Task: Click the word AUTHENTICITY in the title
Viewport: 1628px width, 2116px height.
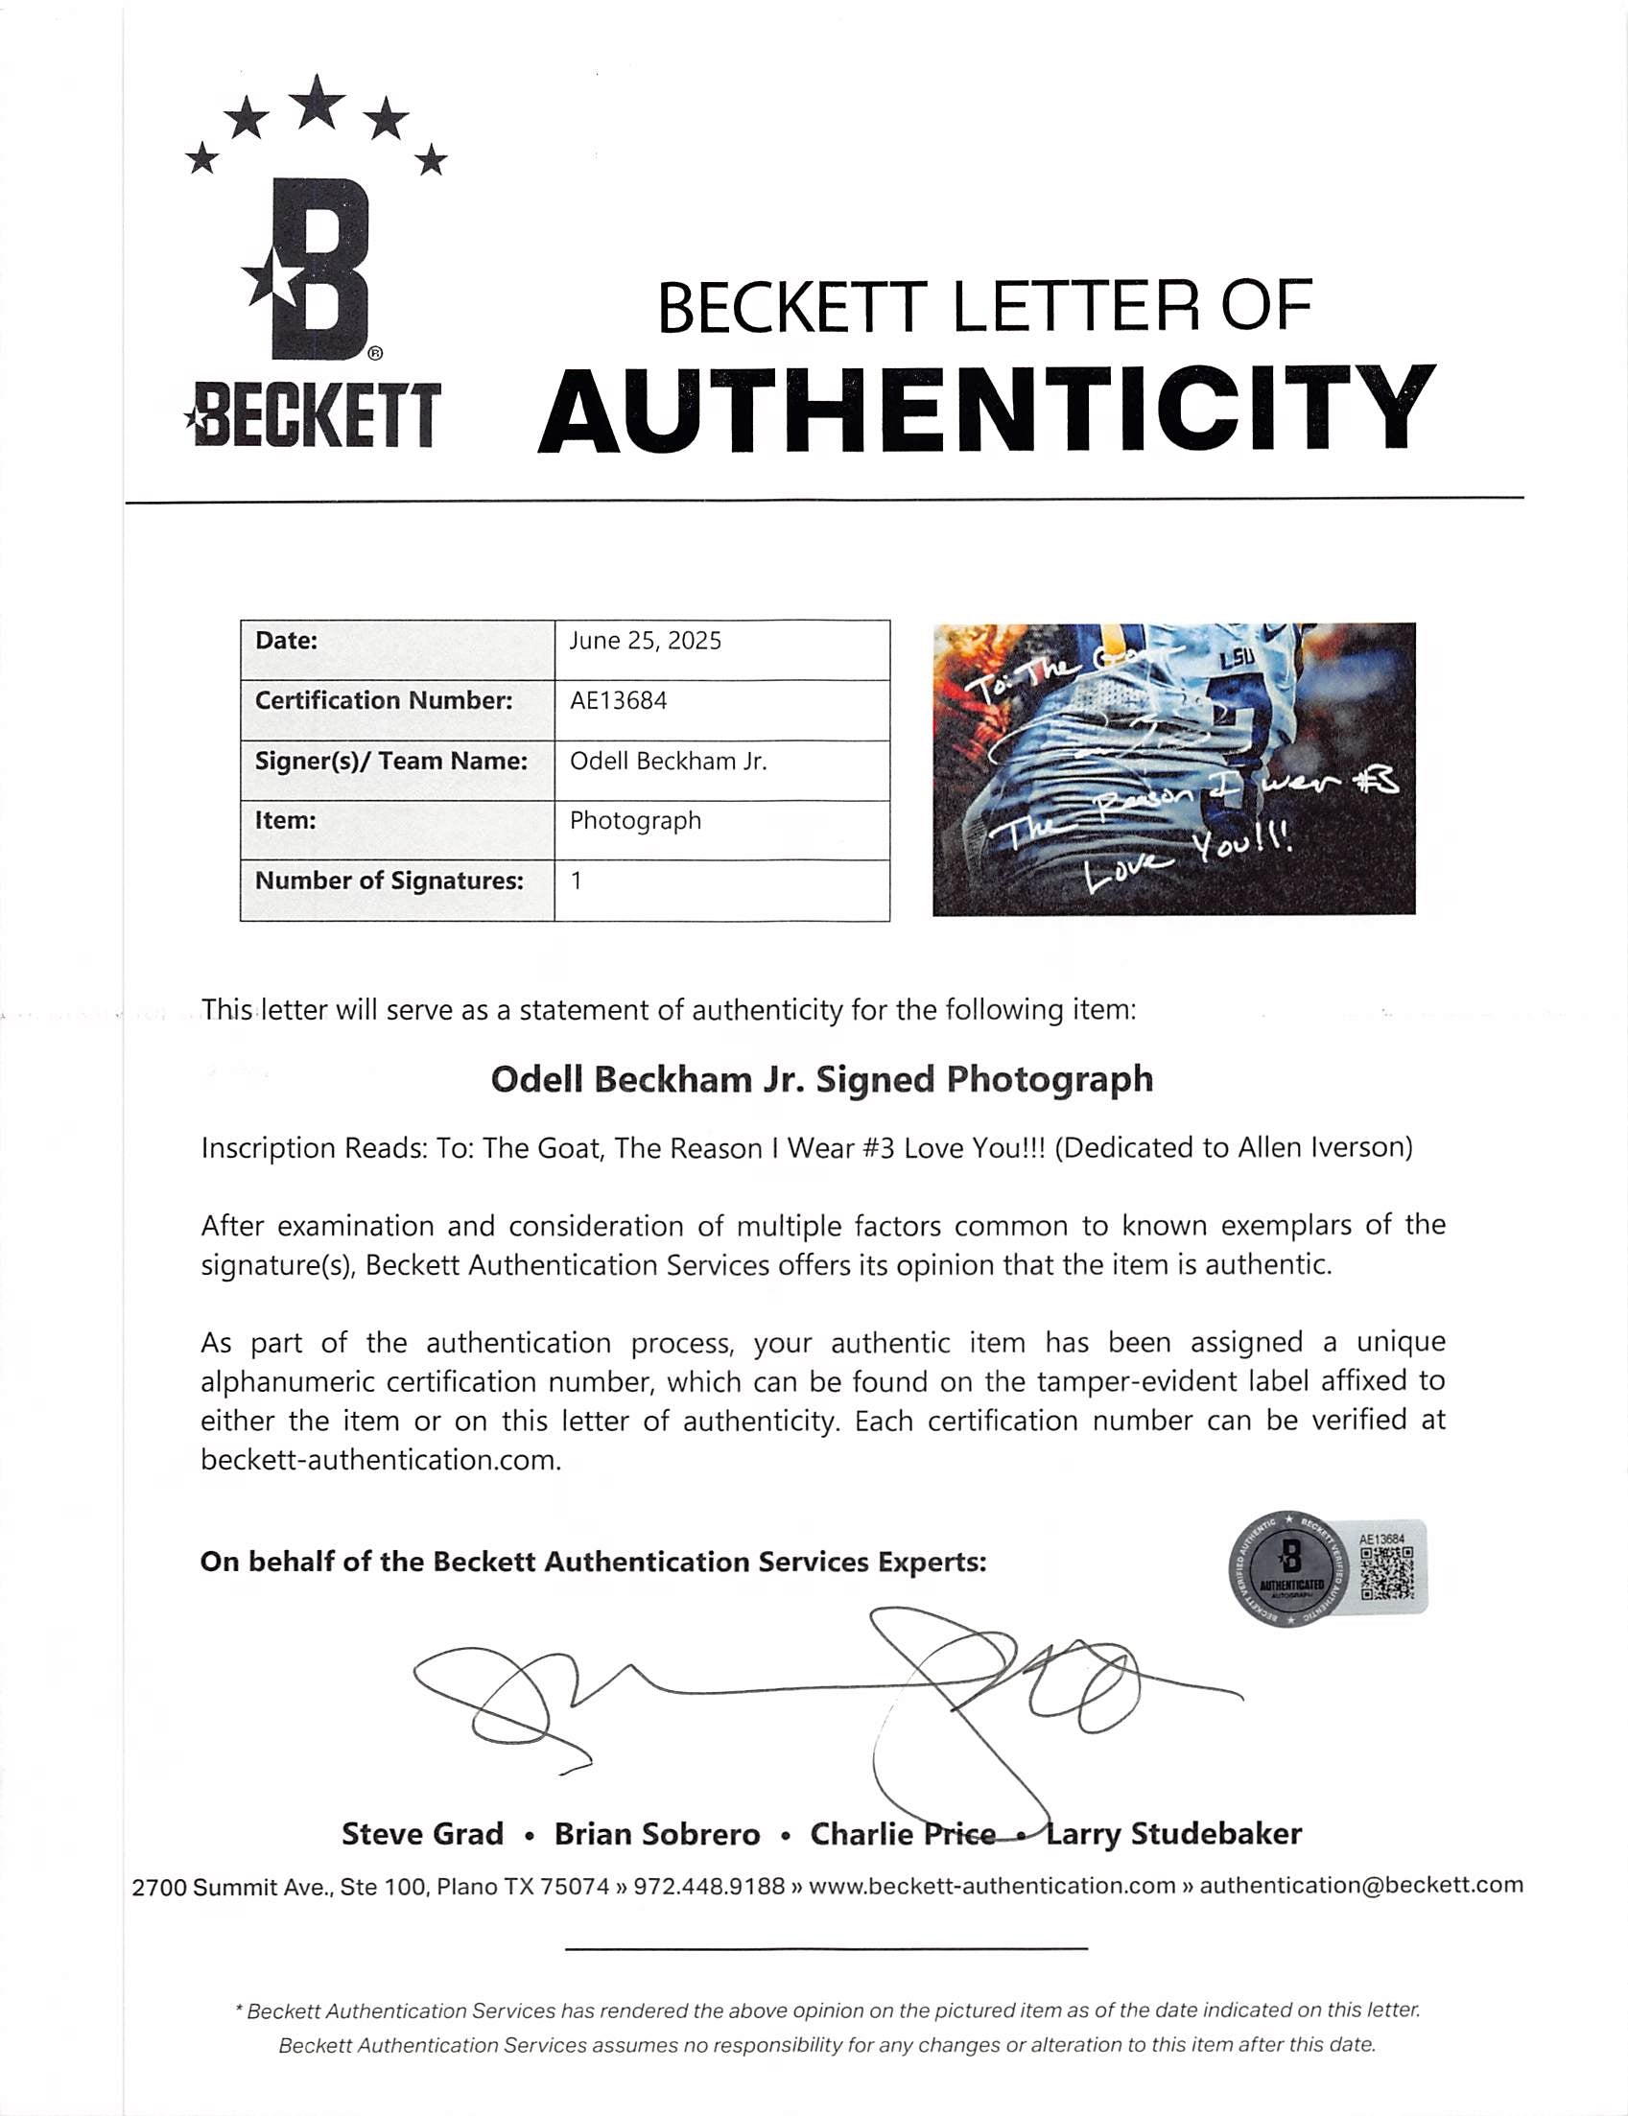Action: click(x=985, y=411)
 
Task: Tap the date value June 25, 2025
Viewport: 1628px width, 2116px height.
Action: click(x=645, y=641)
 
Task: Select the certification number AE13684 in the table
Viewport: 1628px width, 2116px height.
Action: click(x=618, y=700)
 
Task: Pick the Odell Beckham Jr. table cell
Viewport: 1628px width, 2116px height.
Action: click(x=668, y=762)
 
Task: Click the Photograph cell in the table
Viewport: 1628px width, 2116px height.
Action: click(x=635, y=821)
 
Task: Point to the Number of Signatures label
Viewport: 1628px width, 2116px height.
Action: click(x=389, y=881)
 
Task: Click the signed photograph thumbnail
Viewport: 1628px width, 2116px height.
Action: click(x=1173, y=768)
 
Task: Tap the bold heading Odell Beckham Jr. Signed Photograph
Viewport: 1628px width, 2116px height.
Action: click(x=822, y=1079)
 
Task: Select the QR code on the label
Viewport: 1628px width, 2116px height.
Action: click(x=1386, y=1573)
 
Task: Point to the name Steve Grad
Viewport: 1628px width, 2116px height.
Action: click(x=422, y=1834)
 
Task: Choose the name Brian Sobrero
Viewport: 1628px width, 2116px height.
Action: click(x=657, y=1834)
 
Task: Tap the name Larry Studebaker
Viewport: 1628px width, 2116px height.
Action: click(x=1172, y=1834)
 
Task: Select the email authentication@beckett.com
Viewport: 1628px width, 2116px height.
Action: click(x=1360, y=1886)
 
